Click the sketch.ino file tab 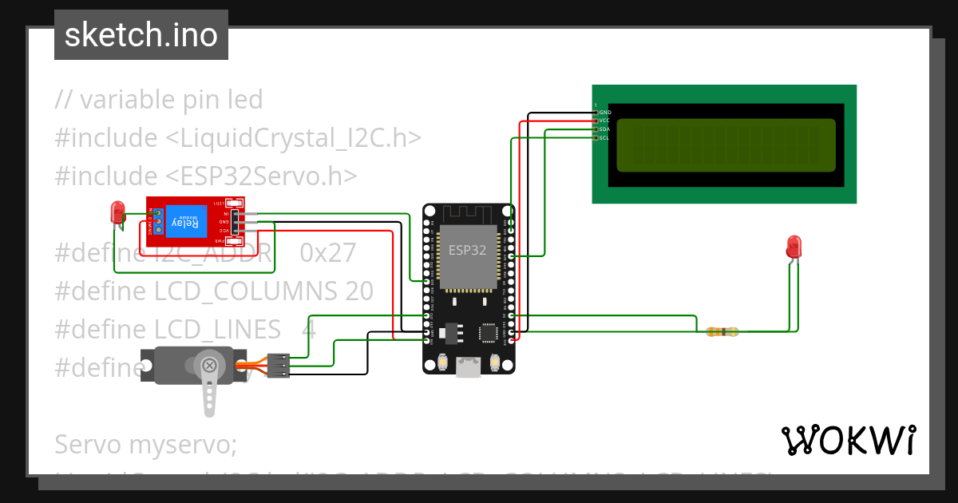141,35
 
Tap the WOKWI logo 848,441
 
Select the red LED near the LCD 794,246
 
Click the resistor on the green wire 722,331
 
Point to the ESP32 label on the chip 467,250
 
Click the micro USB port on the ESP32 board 468,366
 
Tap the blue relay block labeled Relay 184,220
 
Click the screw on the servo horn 209,366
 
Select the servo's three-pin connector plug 277,364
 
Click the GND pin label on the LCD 604,113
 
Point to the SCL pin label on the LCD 604,137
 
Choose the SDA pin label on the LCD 604,129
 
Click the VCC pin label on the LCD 604,121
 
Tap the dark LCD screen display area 726,145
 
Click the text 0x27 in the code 327,253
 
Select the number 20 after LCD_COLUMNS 359,291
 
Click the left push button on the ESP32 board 441,363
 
